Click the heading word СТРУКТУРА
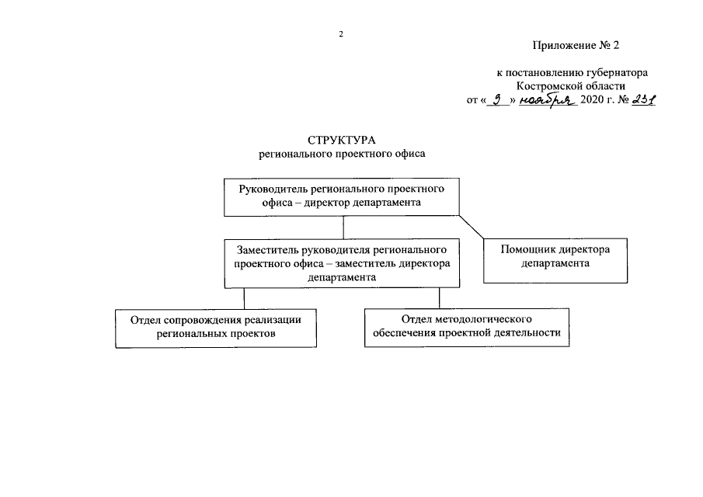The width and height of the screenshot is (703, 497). pos(341,141)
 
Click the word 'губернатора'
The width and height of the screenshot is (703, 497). pos(617,73)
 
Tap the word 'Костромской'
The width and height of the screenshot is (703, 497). pos(546,86)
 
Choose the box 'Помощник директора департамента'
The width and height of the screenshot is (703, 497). pos(555,259)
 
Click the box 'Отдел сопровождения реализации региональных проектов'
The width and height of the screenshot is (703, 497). pos(216,328)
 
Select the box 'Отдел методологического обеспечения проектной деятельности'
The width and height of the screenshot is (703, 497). pos(466,327)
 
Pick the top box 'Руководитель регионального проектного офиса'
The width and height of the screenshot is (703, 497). pos(342,197)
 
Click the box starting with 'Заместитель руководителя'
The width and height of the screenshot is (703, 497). pos(343,263)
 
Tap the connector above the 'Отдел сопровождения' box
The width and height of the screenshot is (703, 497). pos(245,298)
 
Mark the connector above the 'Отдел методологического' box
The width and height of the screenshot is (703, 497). pos(440,298)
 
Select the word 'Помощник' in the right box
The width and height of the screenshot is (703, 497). pos(527,251)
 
